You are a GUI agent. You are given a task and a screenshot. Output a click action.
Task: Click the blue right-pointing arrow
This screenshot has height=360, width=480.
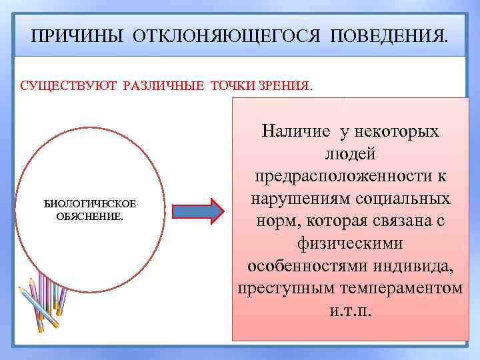199,211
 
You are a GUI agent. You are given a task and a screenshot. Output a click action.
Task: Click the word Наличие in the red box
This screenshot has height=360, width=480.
299,131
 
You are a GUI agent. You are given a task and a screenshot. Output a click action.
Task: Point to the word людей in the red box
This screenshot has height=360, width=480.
351,153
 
